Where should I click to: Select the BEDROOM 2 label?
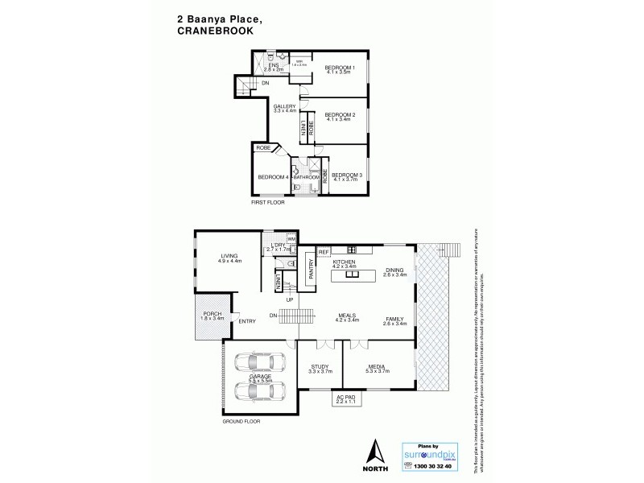[x=340, y=115]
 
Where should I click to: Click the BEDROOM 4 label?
[x=273, y=177]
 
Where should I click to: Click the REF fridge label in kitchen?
[x=324, y=252]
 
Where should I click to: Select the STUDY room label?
[x=320, y=368]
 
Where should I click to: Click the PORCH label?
[x=212, y=315]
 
